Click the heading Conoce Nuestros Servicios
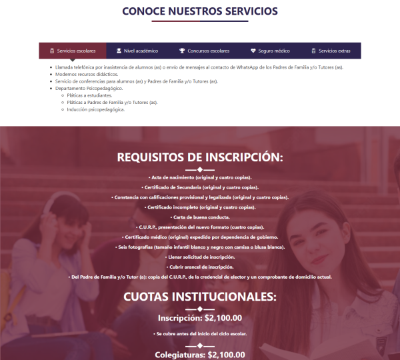coord(200,11)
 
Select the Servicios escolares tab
coord(73,51)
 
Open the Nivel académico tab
coord(137,51)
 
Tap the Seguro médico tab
coord(270,51)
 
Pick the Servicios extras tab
coord(331,51)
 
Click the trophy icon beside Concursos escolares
coord(182,51)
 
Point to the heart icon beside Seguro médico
coord(253,51)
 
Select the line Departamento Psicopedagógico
coord(89,89)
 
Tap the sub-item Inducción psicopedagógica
coord(96,109)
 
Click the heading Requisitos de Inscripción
coord(200,157)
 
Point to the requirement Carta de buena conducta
coord(200,217)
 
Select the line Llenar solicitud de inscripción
coord(200,257)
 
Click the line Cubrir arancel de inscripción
coord(200,267)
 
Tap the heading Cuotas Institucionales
coord(200,297)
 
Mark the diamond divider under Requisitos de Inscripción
coord(200,170)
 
